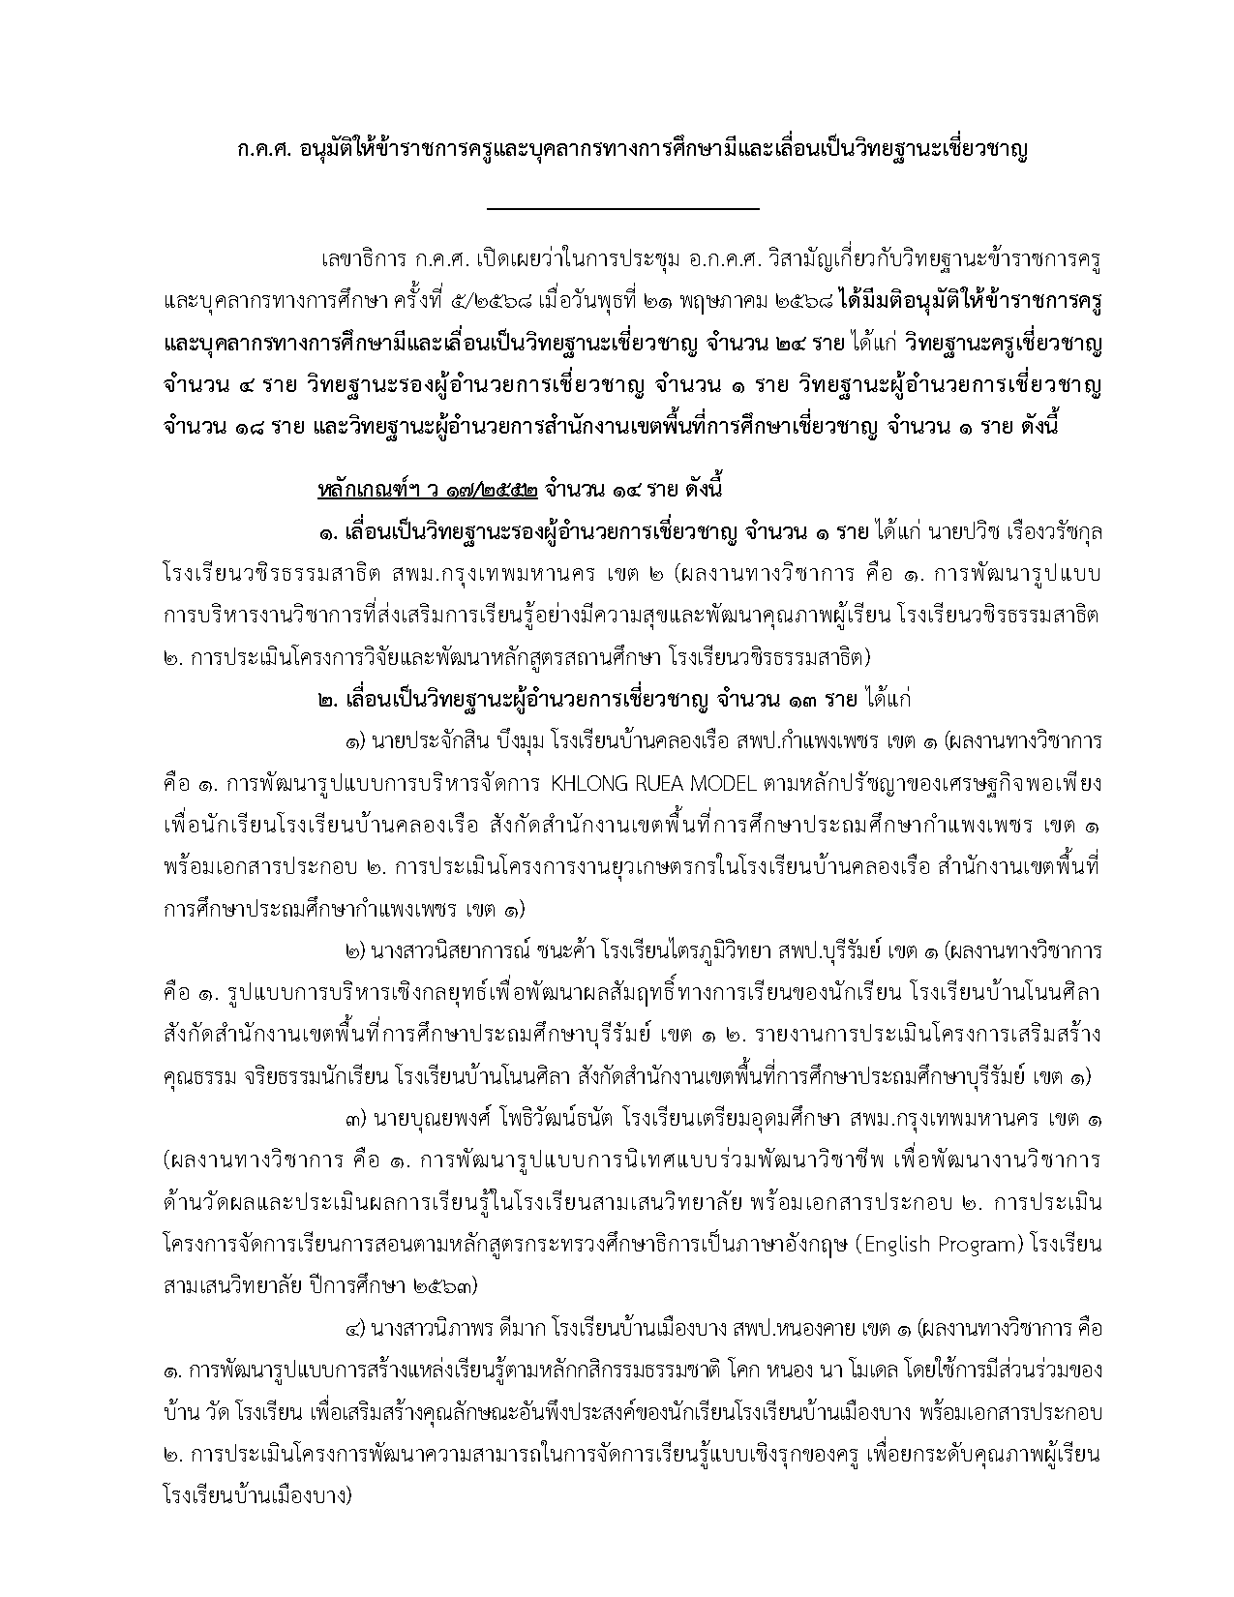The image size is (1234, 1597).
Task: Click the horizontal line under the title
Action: point(623,208)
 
